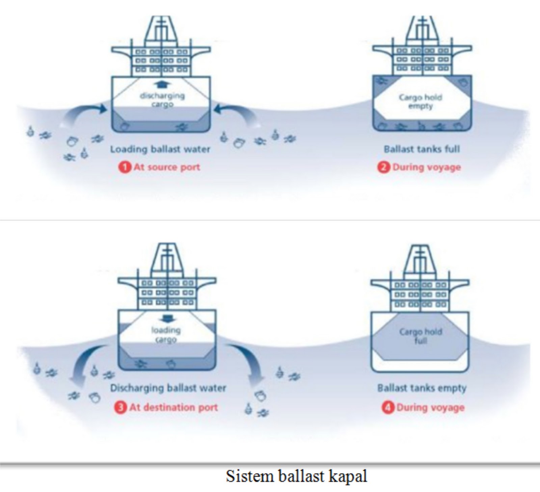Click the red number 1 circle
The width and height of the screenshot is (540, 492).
pyautogui.click(x=125, y=167)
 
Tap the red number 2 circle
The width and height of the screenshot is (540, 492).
pyautogui.click(x=383, y=167)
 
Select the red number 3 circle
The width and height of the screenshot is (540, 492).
pyautogui.click(x=120, y=408)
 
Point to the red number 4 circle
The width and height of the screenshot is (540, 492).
pyautogui.click(x=388, y=408)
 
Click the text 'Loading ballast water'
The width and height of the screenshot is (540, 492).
pyautogui.click(x=160, y=149)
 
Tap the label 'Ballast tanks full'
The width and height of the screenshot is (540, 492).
pyautogui.click(x=422, y=149)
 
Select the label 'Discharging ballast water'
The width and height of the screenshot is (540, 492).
pyautogui.click(x=168, y=388)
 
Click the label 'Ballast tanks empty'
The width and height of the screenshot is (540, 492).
pyautogui.click(x=422, y=388)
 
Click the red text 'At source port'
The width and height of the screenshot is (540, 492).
pyautogui.click(x=167, y=167)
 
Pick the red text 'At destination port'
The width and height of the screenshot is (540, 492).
pyautogui.click(x=173, y=408)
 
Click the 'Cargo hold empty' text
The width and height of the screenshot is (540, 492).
pyautogui.click(x=420, y=102)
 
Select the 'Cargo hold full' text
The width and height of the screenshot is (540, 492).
pyautogui.click(x=421, y=336)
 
